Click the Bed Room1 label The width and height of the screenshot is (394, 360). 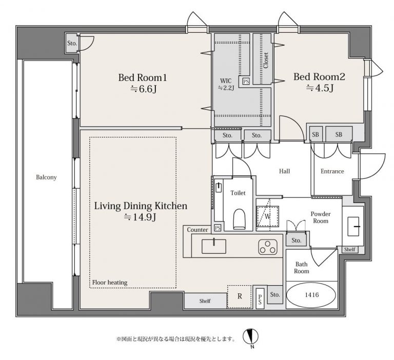(x=143, y=77)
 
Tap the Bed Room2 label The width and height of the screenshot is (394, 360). (x=320, y=77)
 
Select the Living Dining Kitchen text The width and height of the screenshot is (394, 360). (x=141, y=206)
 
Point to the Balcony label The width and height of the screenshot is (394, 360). (x=46, y=177)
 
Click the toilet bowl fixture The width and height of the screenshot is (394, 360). (x=239, y=219)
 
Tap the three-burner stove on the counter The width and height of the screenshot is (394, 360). (x=268, y=247)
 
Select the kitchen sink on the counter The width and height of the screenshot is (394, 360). (x=214, y=246)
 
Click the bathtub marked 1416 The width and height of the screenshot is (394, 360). (x=311, y=295)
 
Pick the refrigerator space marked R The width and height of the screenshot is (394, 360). (x=240, y=297)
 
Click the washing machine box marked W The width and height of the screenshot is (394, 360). (x=268, y=216)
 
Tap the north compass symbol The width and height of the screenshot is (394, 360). (x=251, y=336)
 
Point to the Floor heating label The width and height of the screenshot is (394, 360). (x=110, y=283)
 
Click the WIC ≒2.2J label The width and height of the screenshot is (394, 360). (x=226, y=84)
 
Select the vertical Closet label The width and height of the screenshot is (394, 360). (x=266, y=61)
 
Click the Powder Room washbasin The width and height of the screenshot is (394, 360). (x=353, y=226)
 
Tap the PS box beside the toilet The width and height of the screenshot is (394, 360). (x=218, y=228)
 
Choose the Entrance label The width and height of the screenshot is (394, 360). (x=332, y=171)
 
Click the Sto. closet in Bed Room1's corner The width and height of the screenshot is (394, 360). (x=72, y=43)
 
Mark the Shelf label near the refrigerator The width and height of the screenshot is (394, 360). (x=205, y=301)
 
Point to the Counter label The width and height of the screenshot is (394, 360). (x=198, y=230)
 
